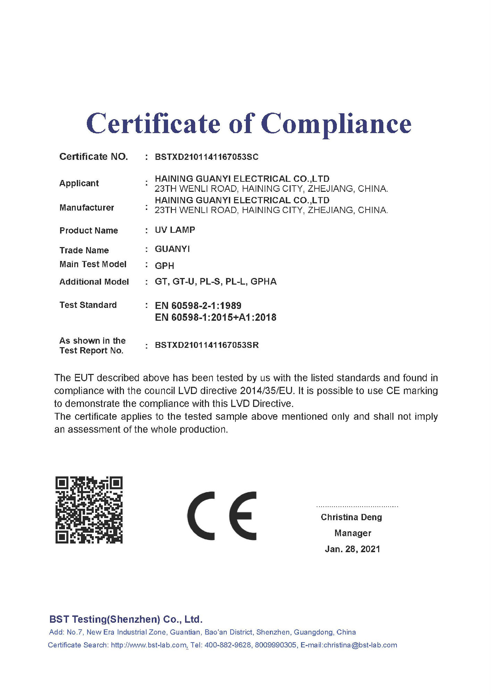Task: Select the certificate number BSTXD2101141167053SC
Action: click(x=207, y=157)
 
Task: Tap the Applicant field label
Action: click(x=79, y=183)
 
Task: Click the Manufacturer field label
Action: click(x=87, y=207)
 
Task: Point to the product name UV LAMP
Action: click(x=175, y=230)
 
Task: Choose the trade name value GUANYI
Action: click(x=172, y=249)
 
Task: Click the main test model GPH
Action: click(x=165, y=266)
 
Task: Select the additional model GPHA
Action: click(x=264, y=281)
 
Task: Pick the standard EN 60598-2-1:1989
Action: click(x=198, y=306)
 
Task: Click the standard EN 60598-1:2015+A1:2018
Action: click(x=216, y=317)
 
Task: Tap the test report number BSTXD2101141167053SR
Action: click(x=207, y=345)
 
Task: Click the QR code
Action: click(x=89, y=510)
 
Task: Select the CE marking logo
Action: click(x=222, y=516)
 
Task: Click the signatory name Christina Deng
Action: click(x=351, y=517)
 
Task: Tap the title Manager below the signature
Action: click(x=353, y=533)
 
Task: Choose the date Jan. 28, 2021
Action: click(x=352, y=549)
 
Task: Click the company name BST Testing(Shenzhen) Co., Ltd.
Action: click(x=126, y=619)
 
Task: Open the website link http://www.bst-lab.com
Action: click(x=149, y=645)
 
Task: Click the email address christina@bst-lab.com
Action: click(x=360, y=645)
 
